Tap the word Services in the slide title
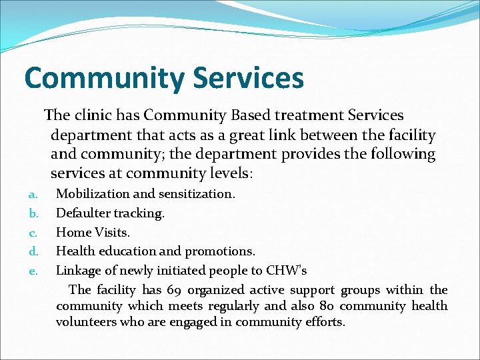pyautogui.click(x=248, y=77)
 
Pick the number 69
pyautogui.click(x=173, y=290)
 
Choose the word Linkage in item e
pyautogui.click(x=79, y=271)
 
